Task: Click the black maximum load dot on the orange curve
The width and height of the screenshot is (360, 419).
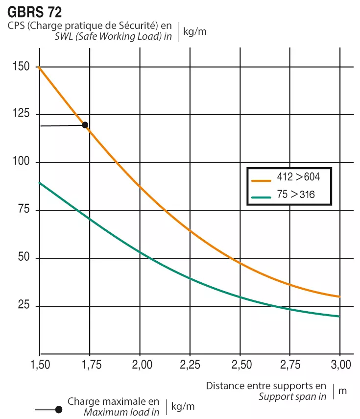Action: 85,125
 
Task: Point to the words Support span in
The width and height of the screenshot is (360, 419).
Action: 292,396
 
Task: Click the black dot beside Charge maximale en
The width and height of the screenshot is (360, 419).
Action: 58,409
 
